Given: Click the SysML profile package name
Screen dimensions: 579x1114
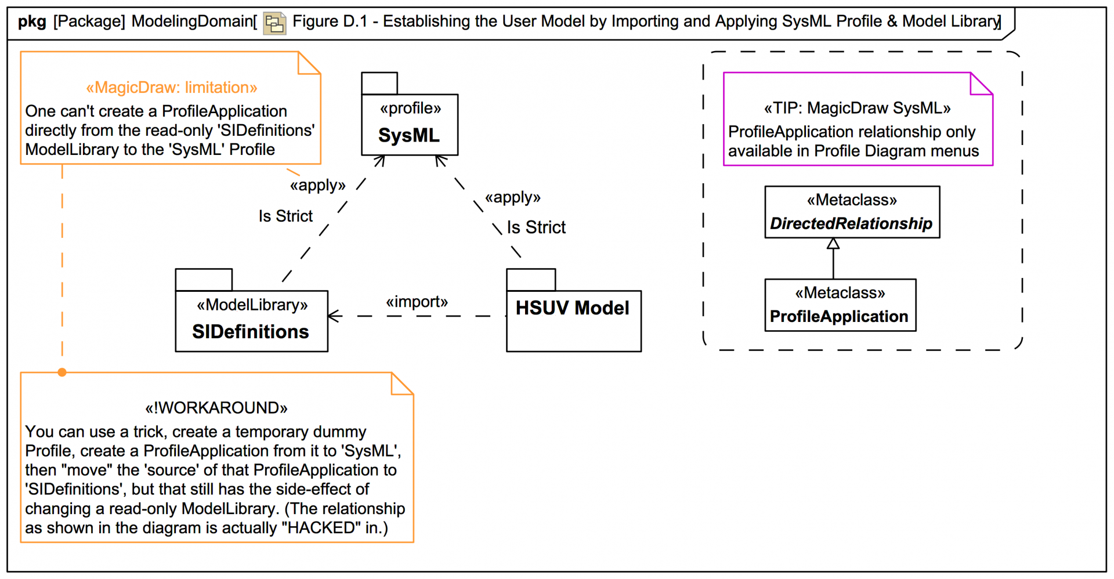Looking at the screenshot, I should (409, 135).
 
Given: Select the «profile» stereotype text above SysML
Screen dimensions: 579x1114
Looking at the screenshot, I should (410, 108).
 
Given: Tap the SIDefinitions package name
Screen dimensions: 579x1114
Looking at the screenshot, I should (251, 332).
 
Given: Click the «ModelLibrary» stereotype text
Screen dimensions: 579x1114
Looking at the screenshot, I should (252, 305).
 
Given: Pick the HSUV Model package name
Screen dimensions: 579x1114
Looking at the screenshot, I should (572, 308).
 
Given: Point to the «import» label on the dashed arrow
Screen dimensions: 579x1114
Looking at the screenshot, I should (417, 302).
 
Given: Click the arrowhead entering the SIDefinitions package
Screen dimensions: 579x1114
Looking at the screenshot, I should (334, 316).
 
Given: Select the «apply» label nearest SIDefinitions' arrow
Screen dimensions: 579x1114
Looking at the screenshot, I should (317, 185).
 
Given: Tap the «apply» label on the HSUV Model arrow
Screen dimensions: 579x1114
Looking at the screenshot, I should (512, 197).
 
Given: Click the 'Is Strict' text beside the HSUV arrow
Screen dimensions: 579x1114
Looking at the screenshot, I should (536, 227).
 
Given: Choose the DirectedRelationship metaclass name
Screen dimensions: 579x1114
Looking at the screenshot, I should (851, 223).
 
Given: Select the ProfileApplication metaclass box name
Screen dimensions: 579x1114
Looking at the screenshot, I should (839, 316).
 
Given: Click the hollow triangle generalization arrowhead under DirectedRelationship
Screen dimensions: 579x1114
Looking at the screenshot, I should (833, 244).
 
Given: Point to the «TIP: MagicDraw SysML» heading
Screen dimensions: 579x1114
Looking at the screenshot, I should (857, 108).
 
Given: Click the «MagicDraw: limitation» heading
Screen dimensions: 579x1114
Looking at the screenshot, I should (172, 88).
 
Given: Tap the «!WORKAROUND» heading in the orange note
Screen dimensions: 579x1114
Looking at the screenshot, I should (216, 408).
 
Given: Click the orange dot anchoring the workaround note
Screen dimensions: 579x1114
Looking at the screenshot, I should (62, 372).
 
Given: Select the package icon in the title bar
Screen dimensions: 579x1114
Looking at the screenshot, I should (274, 23).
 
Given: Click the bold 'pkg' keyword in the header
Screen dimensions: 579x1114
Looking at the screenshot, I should (32, 22).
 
